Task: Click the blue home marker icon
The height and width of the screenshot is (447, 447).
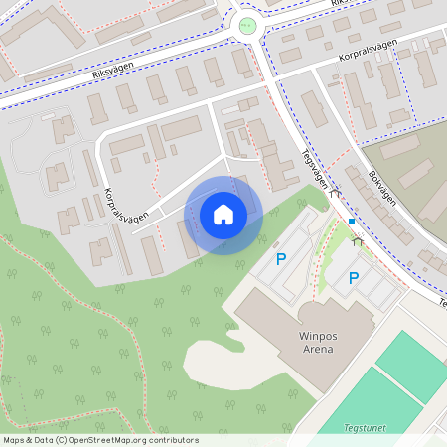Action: click(x=223, y=215)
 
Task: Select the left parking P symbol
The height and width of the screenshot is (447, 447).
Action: click(x=281, y=259)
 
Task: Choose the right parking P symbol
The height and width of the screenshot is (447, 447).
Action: click(x=353, y=279)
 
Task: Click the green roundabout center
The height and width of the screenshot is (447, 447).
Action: click(x=246, y=25)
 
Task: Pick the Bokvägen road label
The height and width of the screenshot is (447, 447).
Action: click(x=382, y=185)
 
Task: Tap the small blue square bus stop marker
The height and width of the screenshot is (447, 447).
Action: click(x=351, y=222)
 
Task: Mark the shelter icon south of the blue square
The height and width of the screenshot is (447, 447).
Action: click(x=357, y=239)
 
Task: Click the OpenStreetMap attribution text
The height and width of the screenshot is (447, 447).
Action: click(x=100, y=440)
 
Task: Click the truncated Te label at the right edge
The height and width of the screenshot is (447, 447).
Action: click(x=442, y=302)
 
